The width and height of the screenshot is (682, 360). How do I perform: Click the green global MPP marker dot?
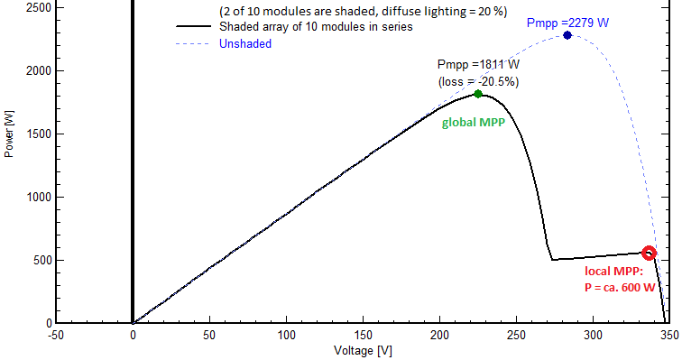coord(478,94)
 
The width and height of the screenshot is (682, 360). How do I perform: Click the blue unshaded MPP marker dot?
coord(567,35)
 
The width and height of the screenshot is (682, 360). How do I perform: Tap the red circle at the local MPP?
coord(649,254)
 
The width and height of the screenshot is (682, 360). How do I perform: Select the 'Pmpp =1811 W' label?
coord(478,65)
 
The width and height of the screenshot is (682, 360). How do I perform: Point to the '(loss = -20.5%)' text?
coord(478,80)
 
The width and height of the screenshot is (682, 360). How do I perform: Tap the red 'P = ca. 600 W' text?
coord(620,287)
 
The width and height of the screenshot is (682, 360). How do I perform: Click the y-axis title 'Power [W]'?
coord(10,134)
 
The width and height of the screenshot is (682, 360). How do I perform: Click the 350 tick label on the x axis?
coord(669,333)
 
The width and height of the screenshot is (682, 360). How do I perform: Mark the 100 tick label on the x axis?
coord(286,333)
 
